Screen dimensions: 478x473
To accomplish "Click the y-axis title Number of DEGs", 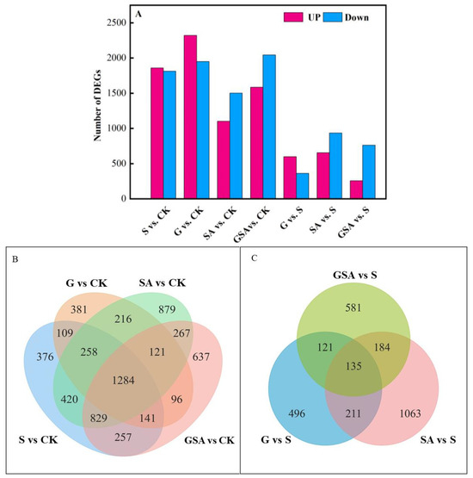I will click(96, 110).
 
